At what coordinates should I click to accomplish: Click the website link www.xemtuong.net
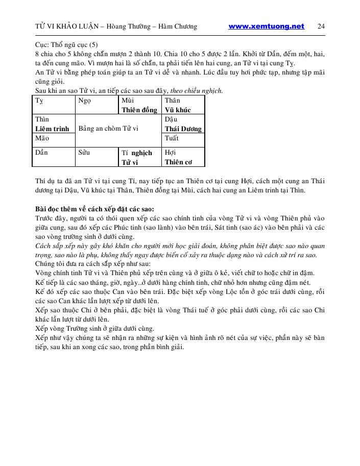click(x=266, y=27)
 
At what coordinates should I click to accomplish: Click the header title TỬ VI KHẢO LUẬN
click(x=64, y=27)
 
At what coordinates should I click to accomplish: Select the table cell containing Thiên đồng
click(x=139, y=105)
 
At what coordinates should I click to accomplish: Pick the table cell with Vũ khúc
click(x=183, y=105)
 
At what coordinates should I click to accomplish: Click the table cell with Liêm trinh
click(x=53, y=124)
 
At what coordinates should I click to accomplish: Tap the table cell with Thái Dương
click(x=183, y=124)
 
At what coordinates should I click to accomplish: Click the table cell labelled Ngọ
click(x=96, y=105)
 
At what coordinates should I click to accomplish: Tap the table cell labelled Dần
click(x=53, y=157)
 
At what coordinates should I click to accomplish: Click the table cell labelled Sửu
click(x=96, y=157)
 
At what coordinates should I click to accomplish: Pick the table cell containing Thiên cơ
click(x=183, y=157)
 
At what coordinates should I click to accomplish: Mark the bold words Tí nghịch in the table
click(x=137, y=153)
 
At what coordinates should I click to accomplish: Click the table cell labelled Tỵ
click(x=53, y=105)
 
